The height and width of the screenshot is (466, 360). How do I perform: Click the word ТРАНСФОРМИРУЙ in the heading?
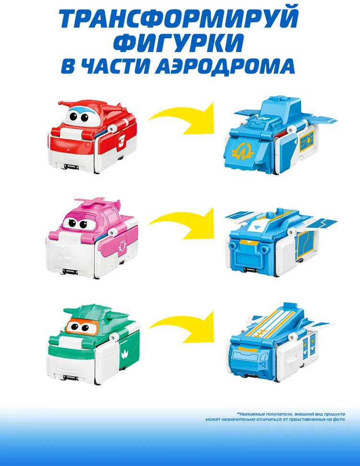(x=180, y=18)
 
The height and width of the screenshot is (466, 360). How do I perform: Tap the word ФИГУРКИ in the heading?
(x=179, y=43)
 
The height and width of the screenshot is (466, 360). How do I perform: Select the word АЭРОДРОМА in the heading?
(x=225, y=66)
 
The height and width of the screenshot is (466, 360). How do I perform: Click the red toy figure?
(x=92, y=137)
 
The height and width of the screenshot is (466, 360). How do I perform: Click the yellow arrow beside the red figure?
(x=182, y=118)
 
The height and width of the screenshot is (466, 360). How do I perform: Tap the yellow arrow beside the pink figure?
(x=182, y=223)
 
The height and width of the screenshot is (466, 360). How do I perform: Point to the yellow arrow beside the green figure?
(x=182, y=327)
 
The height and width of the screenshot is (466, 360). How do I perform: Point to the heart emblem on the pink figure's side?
(x=122, y=246)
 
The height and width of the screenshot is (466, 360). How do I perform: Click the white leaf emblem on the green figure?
(x=124, y=354)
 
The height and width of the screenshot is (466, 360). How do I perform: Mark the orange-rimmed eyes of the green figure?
(x=79, y=327)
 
